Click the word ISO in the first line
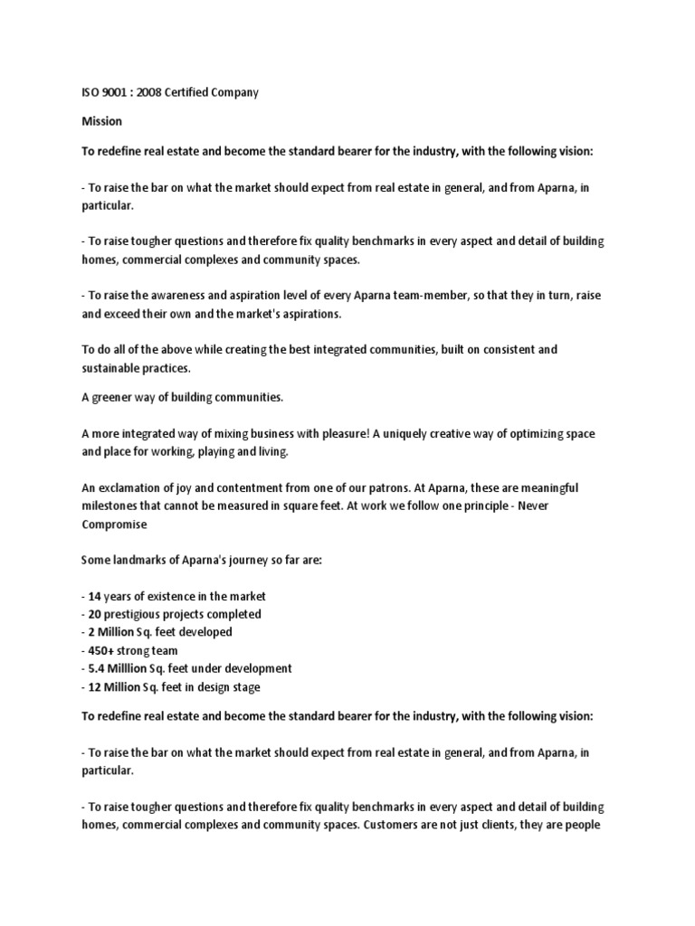(90, 94)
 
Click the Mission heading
(101, 120)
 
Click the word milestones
(112, 506)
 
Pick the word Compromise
(113, 524)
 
